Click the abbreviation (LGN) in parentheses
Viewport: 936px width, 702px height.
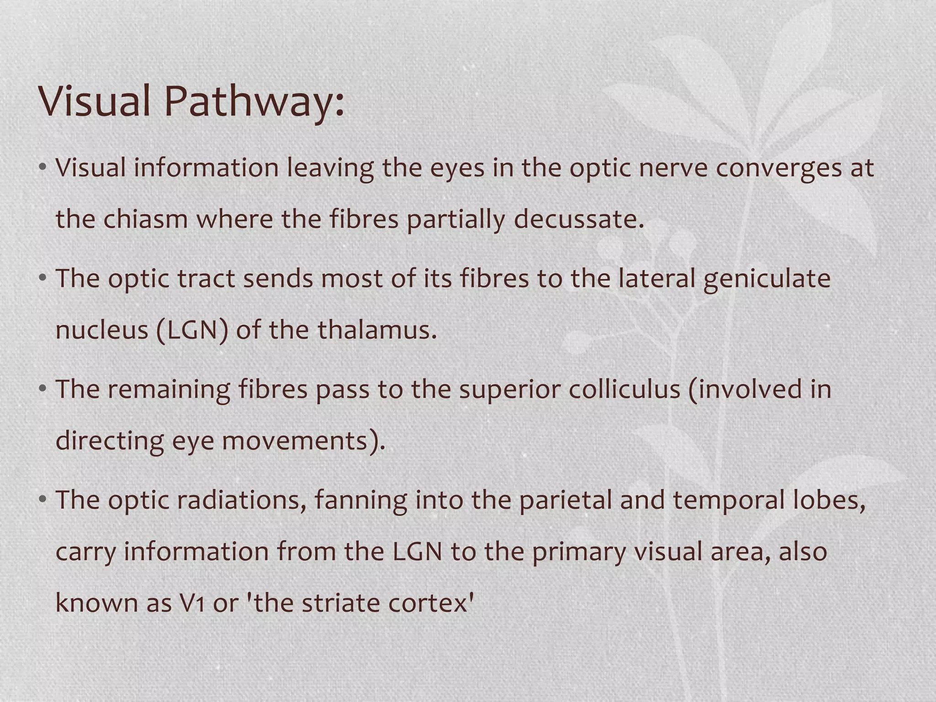(x=191, y=330)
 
